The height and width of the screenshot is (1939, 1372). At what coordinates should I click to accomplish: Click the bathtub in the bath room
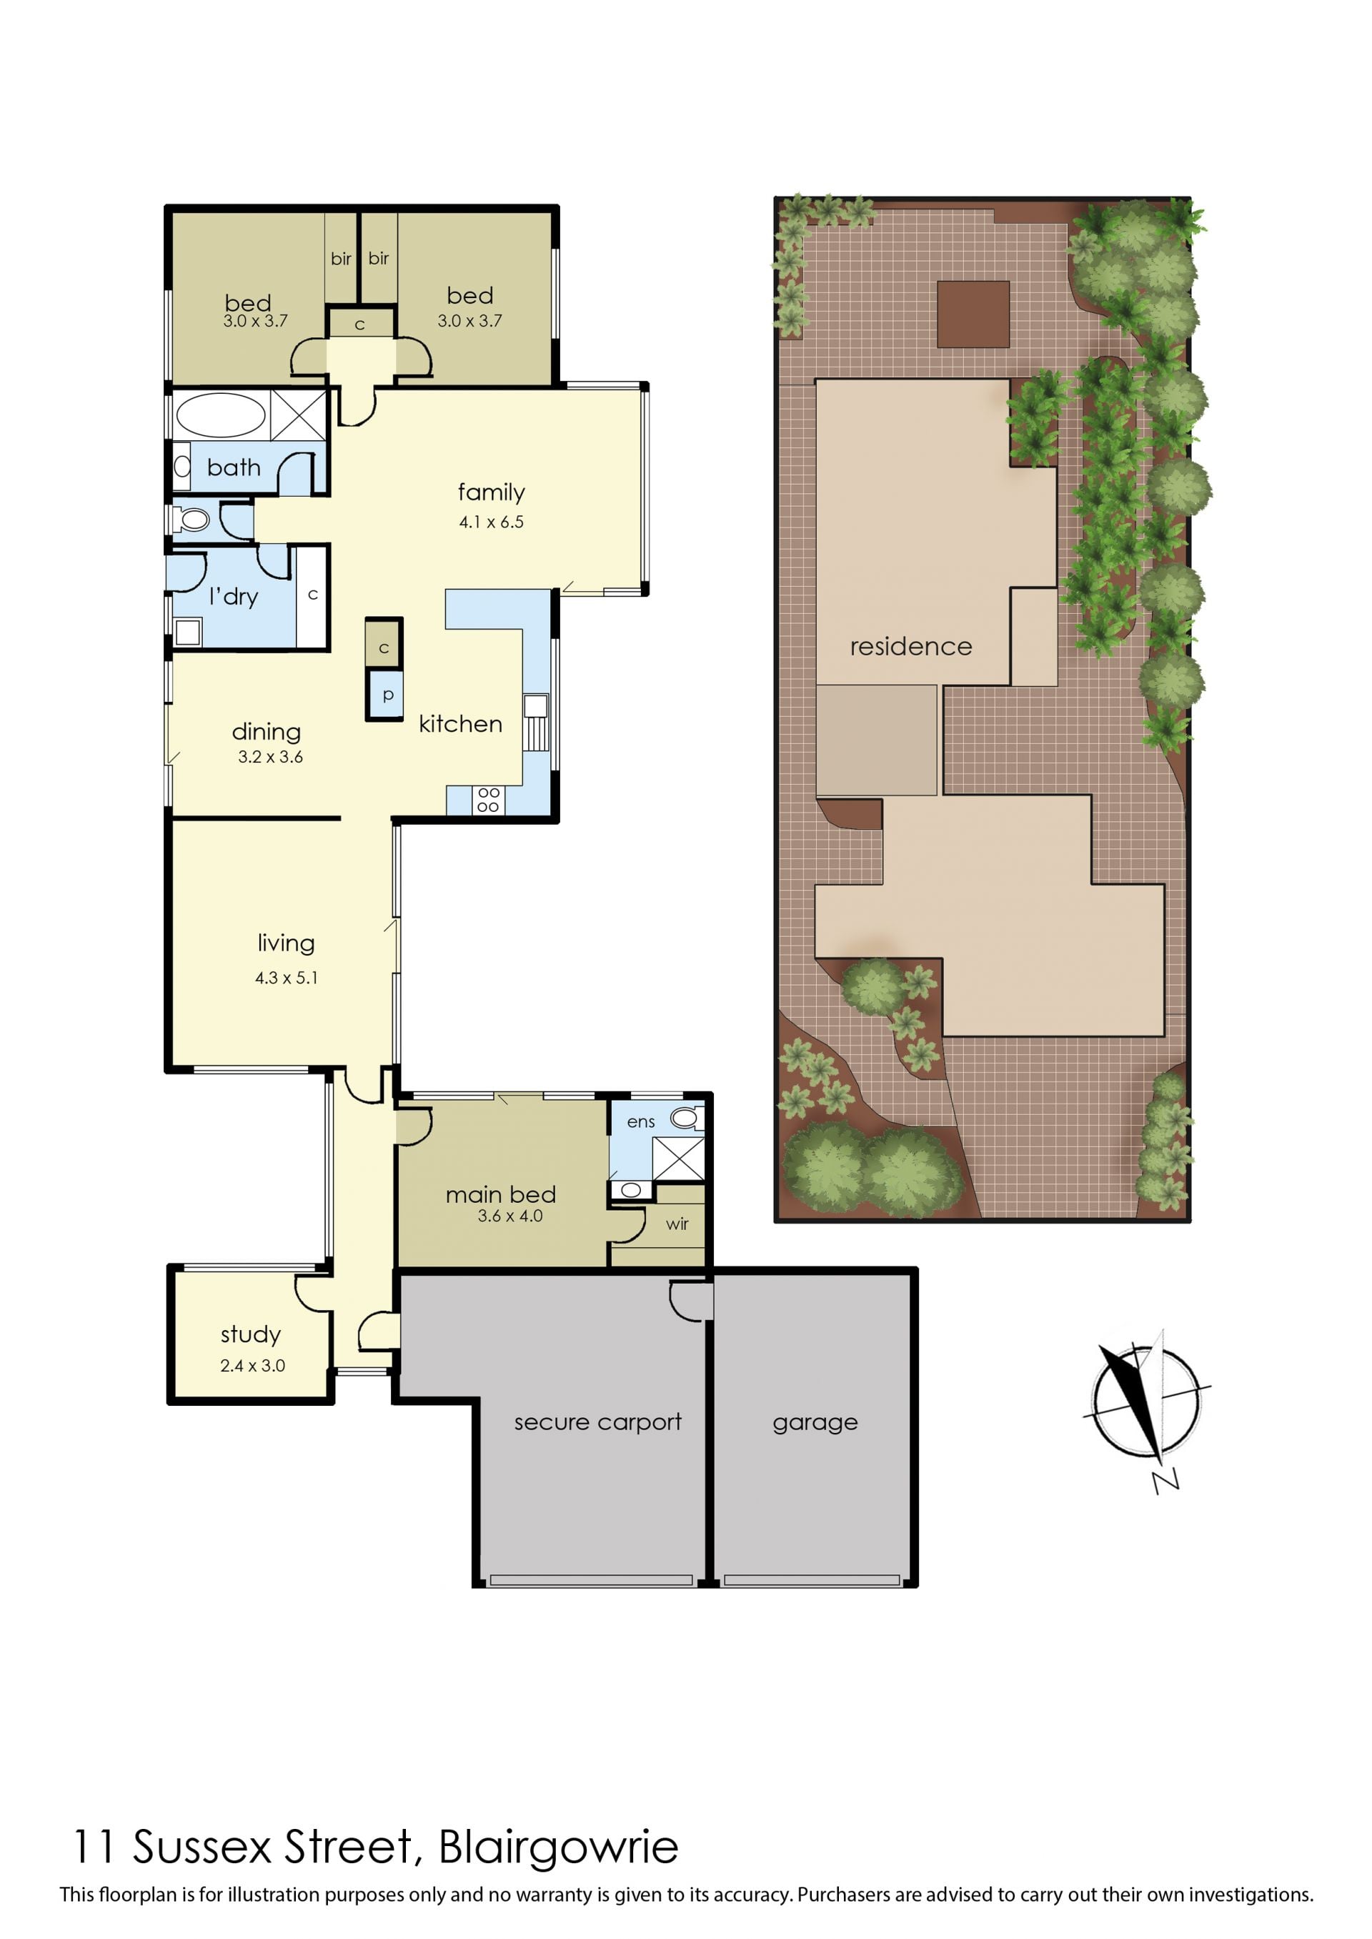[x=221, y=415]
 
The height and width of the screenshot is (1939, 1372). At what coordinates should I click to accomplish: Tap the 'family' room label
[x=491, y=492]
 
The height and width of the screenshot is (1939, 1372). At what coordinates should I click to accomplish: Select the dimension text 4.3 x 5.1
[x=287, y=978]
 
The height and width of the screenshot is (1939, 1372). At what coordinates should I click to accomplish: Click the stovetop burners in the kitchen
[x=488, y=799]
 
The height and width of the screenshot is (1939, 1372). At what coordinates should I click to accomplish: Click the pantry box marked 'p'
[x=385, y=695]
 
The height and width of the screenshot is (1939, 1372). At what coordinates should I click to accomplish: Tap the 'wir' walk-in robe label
[x=677, y=1224]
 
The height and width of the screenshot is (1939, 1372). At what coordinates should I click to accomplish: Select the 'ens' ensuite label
[x=640, y=1122]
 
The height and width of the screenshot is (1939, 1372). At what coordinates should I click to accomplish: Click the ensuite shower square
[x=677, y=1159]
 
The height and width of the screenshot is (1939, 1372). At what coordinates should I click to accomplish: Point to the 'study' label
[x=250, y=1334]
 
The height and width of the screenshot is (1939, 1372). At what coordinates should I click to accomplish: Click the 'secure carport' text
[x=597, y=1422]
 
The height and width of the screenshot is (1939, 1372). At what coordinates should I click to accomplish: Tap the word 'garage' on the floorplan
[x=815, y=1423]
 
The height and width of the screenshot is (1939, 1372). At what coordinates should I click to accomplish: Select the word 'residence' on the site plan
[x=910, y=646]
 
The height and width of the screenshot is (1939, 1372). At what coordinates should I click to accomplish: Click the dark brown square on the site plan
[x=973, y=314]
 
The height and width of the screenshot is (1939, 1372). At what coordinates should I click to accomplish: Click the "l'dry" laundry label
[x=233, y=597]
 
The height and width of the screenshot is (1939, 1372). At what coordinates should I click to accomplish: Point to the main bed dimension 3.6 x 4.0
[x=509, y=1216]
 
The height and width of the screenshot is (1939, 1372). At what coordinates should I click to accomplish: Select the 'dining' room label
[x=266, y=732]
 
